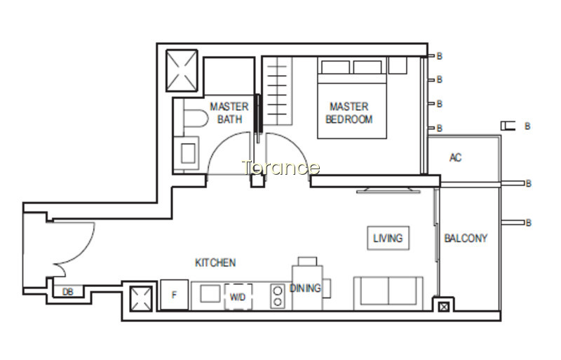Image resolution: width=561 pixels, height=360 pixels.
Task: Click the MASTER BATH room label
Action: tap(229, 113)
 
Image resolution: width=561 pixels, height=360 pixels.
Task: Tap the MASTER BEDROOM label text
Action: tap(349, 113)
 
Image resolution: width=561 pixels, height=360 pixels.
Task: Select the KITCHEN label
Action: tap(215, 263)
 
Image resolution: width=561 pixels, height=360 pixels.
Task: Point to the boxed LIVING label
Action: tap(388, 238)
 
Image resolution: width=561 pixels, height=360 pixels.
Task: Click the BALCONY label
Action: tap(466, 238)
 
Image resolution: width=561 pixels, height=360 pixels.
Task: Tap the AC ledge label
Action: tap(455, 157)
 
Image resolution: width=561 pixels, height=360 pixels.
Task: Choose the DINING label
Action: tap(305, 288)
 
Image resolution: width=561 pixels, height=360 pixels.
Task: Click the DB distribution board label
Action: tap(67, 292)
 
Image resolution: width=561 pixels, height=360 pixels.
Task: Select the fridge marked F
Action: tap(174, 295)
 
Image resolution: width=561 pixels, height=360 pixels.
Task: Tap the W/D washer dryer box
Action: tap(238, 297)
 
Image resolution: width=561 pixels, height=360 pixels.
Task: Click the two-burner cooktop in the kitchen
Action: tap(277, 296)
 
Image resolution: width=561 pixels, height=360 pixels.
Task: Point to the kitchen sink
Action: tap(210, 294)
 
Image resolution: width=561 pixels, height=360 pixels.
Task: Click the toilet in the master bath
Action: tap(195, 118)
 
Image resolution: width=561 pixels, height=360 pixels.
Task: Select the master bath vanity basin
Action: tap(188, 153)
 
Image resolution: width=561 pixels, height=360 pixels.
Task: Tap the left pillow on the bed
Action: tap(335, 67)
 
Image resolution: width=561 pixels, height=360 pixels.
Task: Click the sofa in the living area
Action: tap(388, 293)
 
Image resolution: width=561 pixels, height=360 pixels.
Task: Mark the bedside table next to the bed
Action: tap(398, 65)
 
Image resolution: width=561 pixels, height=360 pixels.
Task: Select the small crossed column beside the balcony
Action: tap(444, 307)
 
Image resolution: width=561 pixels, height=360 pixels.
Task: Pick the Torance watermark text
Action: tap(280, 167)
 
